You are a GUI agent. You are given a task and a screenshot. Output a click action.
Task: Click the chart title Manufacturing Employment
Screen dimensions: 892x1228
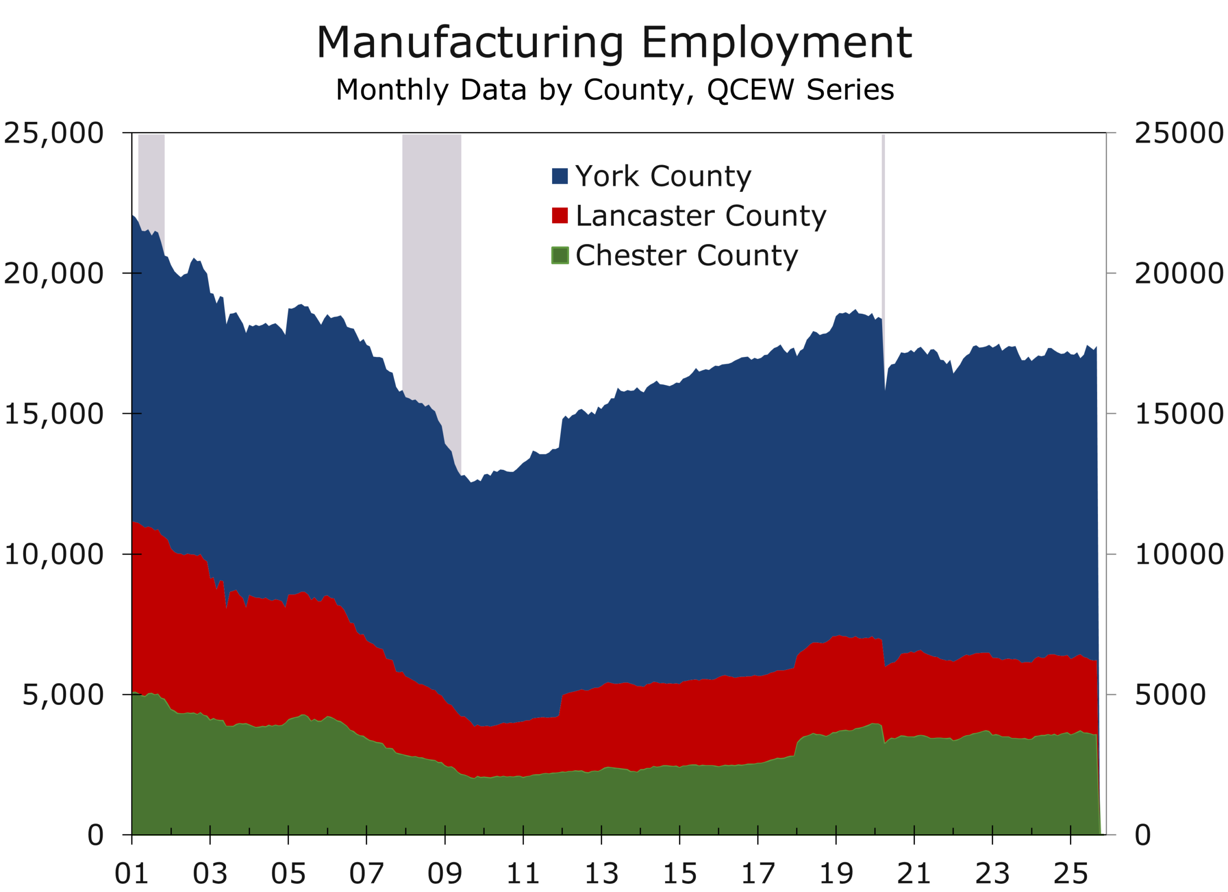(614, 43)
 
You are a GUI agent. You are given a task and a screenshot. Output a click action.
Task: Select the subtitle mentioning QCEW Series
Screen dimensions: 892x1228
(614, 90)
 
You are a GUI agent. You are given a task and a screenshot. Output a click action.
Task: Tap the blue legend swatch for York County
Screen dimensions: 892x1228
(560, 176)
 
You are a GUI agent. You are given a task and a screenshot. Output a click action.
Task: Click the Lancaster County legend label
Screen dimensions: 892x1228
(701, 215)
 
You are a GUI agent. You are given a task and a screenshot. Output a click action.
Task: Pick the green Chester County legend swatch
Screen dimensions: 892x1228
(560, 255)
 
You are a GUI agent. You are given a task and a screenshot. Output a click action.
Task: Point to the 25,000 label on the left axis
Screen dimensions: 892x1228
(53, 133)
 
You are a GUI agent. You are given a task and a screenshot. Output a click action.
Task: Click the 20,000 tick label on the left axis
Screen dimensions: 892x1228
(53, 274)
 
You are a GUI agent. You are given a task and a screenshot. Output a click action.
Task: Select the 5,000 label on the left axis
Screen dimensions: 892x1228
(62, 695)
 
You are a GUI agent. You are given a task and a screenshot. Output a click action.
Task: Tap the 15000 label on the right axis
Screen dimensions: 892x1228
(1178, 414)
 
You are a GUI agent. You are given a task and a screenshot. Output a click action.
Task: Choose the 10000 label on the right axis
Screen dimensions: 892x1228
(1178, 555)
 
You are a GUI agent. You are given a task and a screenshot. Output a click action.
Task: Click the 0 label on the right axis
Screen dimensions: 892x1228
(1143, 835)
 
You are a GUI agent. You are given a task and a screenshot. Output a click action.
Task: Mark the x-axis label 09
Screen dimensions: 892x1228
(445, 873)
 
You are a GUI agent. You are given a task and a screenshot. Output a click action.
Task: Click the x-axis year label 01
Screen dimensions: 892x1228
(131, 873)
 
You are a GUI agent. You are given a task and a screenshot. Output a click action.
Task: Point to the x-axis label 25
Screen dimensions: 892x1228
(1071, 873)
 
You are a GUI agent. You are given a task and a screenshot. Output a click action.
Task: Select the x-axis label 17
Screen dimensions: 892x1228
(757, 873)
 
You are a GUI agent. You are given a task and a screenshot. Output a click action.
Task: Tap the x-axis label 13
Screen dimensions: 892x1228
(601, 873)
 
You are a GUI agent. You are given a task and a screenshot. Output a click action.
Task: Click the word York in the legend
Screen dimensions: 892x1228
(607, 176)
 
